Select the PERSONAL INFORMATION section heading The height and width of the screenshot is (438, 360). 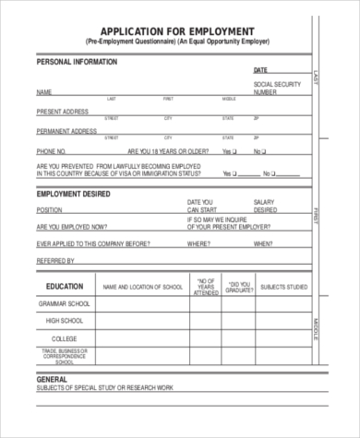click(77, 62)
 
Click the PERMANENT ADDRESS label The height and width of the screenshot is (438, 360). click(66, 130)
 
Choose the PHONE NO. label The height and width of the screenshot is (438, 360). click(51, 150)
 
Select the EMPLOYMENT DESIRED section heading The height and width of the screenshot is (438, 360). click(74, 194)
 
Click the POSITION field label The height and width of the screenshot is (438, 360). click(50, 210)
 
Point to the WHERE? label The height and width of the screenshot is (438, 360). click(198, 244)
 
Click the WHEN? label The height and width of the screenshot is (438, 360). click(263, 244)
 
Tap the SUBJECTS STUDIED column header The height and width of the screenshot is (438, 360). click(284, 287)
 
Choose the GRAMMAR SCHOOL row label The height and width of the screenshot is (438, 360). click(64, 303)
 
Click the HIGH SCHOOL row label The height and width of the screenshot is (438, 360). click(64, 321)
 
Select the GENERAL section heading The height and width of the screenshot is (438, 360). click(52, 379)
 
